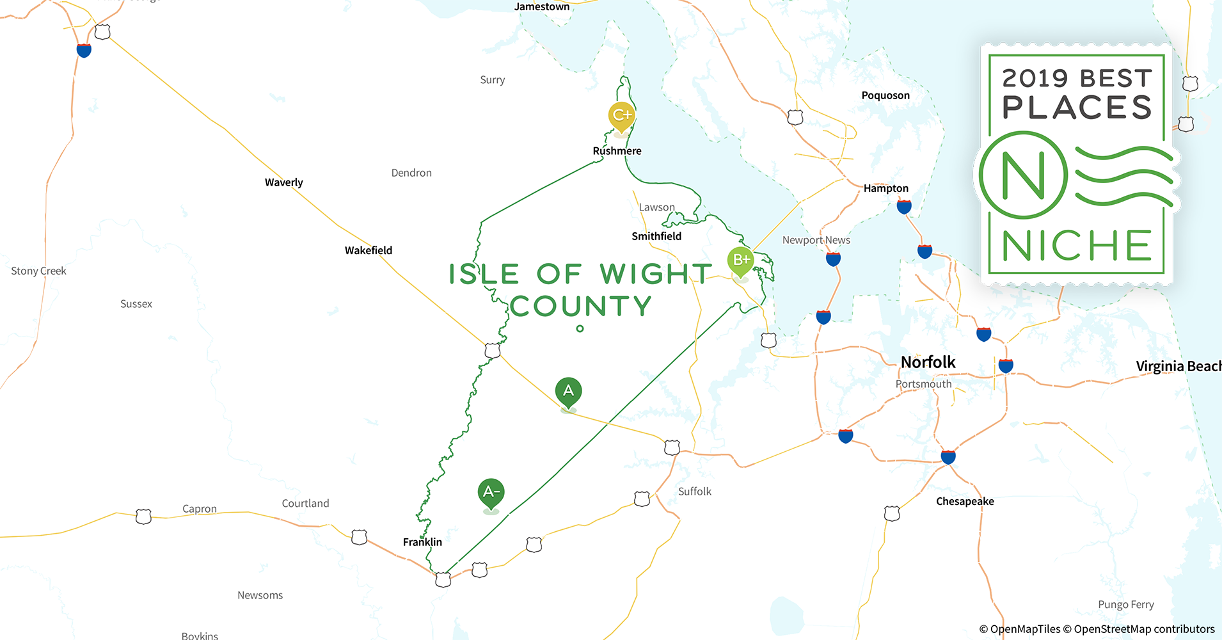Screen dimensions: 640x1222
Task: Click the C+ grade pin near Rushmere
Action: pos(621,116)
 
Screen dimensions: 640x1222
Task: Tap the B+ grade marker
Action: pos(741,260)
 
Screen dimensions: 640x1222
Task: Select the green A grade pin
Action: pos(568,391)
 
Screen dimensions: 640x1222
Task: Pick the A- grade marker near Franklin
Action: pos(491,492)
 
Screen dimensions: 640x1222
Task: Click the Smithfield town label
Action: pos(656,236)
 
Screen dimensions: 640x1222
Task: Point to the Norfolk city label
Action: pos(928,362)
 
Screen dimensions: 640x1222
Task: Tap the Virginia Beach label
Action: pos(1178,366)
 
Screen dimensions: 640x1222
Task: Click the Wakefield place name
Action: pos(369,250)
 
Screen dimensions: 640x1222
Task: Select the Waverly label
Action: pos(283,182)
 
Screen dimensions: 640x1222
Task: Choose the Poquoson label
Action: pos(885,95)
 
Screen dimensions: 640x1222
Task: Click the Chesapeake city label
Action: pos(965,501)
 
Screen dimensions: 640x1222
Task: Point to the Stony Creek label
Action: pos(38,271)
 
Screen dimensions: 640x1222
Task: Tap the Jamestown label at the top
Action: pos(542,7)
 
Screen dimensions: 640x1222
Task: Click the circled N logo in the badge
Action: pos(1022,175)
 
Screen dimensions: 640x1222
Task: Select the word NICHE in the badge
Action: pos(1077,246)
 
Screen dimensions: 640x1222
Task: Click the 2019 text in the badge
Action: pos(1035,78)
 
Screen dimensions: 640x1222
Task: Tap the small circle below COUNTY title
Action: pos(580,329)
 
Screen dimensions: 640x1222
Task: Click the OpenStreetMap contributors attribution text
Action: pos(1144,629)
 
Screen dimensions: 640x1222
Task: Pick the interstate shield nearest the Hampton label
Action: pos(904,207)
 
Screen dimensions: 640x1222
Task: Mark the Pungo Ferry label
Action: pos(1126,605)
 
